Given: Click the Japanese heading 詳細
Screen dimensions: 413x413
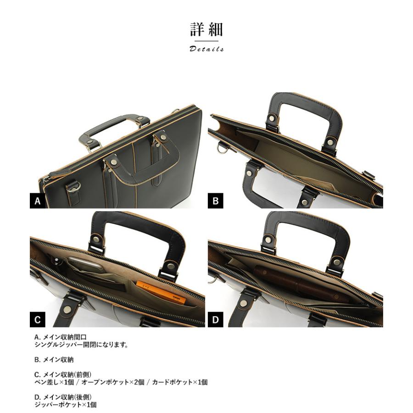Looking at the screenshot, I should tap(206, 30).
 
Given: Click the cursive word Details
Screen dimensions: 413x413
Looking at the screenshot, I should tap(206, 49).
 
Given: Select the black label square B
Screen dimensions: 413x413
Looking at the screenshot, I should tap(215, 201).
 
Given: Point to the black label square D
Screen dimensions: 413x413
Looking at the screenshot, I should tap(215, 319).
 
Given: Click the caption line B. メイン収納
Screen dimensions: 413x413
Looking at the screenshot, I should tap(54, 360).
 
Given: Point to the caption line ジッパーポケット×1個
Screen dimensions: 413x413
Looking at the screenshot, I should tap(66, 405).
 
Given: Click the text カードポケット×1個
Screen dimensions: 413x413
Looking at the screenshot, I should tap(180, 382).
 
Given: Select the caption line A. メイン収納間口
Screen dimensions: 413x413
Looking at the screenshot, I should tap(61, 337).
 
